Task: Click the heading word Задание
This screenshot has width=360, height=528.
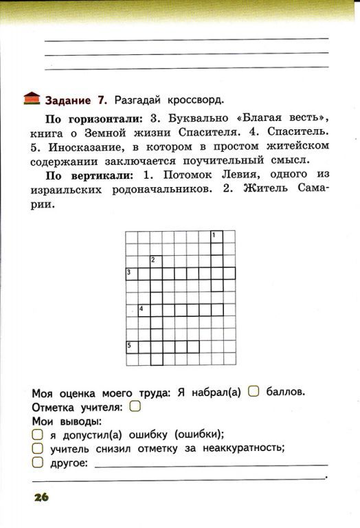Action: tap(72, 98)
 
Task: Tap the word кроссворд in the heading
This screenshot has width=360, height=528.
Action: tap(194, 98)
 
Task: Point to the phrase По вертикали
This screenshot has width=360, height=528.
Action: tap(85, 175)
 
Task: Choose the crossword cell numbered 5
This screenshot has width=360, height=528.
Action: tap(131, 346)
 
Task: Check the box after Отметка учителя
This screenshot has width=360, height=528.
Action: tap(135, 407)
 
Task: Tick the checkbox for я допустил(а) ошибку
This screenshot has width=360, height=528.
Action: tap(38, 434)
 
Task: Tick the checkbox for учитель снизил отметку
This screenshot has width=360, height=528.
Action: tap(38, 448)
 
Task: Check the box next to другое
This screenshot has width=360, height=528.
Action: tap(38, 463)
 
